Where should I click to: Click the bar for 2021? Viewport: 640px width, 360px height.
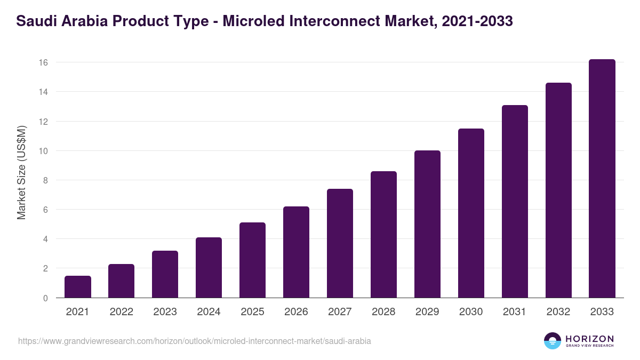tap(78, 287)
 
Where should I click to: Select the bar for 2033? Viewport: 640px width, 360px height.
tap(602, 179)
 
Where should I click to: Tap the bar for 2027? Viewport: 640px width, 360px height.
tap(340, 243)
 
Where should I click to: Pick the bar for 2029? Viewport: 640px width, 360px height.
tap(427, 224)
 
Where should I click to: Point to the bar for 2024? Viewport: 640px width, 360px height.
tap(209, 268)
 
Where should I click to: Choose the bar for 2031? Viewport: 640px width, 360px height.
tap(515, 202)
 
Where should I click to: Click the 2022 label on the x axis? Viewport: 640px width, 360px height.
tap(121, 312)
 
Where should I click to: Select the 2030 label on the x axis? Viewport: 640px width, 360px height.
tap(471, 312)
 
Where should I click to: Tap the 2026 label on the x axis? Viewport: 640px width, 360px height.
tap(296, 312)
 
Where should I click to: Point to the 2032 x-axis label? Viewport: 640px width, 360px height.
tap(558, 312)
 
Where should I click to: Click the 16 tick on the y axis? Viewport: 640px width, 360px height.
tap(43, 62)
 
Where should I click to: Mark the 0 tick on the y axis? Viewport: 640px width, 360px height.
tap(45, 298)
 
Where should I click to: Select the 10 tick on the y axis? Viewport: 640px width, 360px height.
tap(43, 151)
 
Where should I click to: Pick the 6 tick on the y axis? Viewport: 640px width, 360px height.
tap(45, 210)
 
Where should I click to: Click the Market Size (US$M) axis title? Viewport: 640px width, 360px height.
tap(21, 173)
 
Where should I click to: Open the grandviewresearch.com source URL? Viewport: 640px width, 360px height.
tap(194, 341)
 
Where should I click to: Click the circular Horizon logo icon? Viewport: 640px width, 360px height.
tap(553, 341)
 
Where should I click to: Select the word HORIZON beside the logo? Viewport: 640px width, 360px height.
tap(589, 339)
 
